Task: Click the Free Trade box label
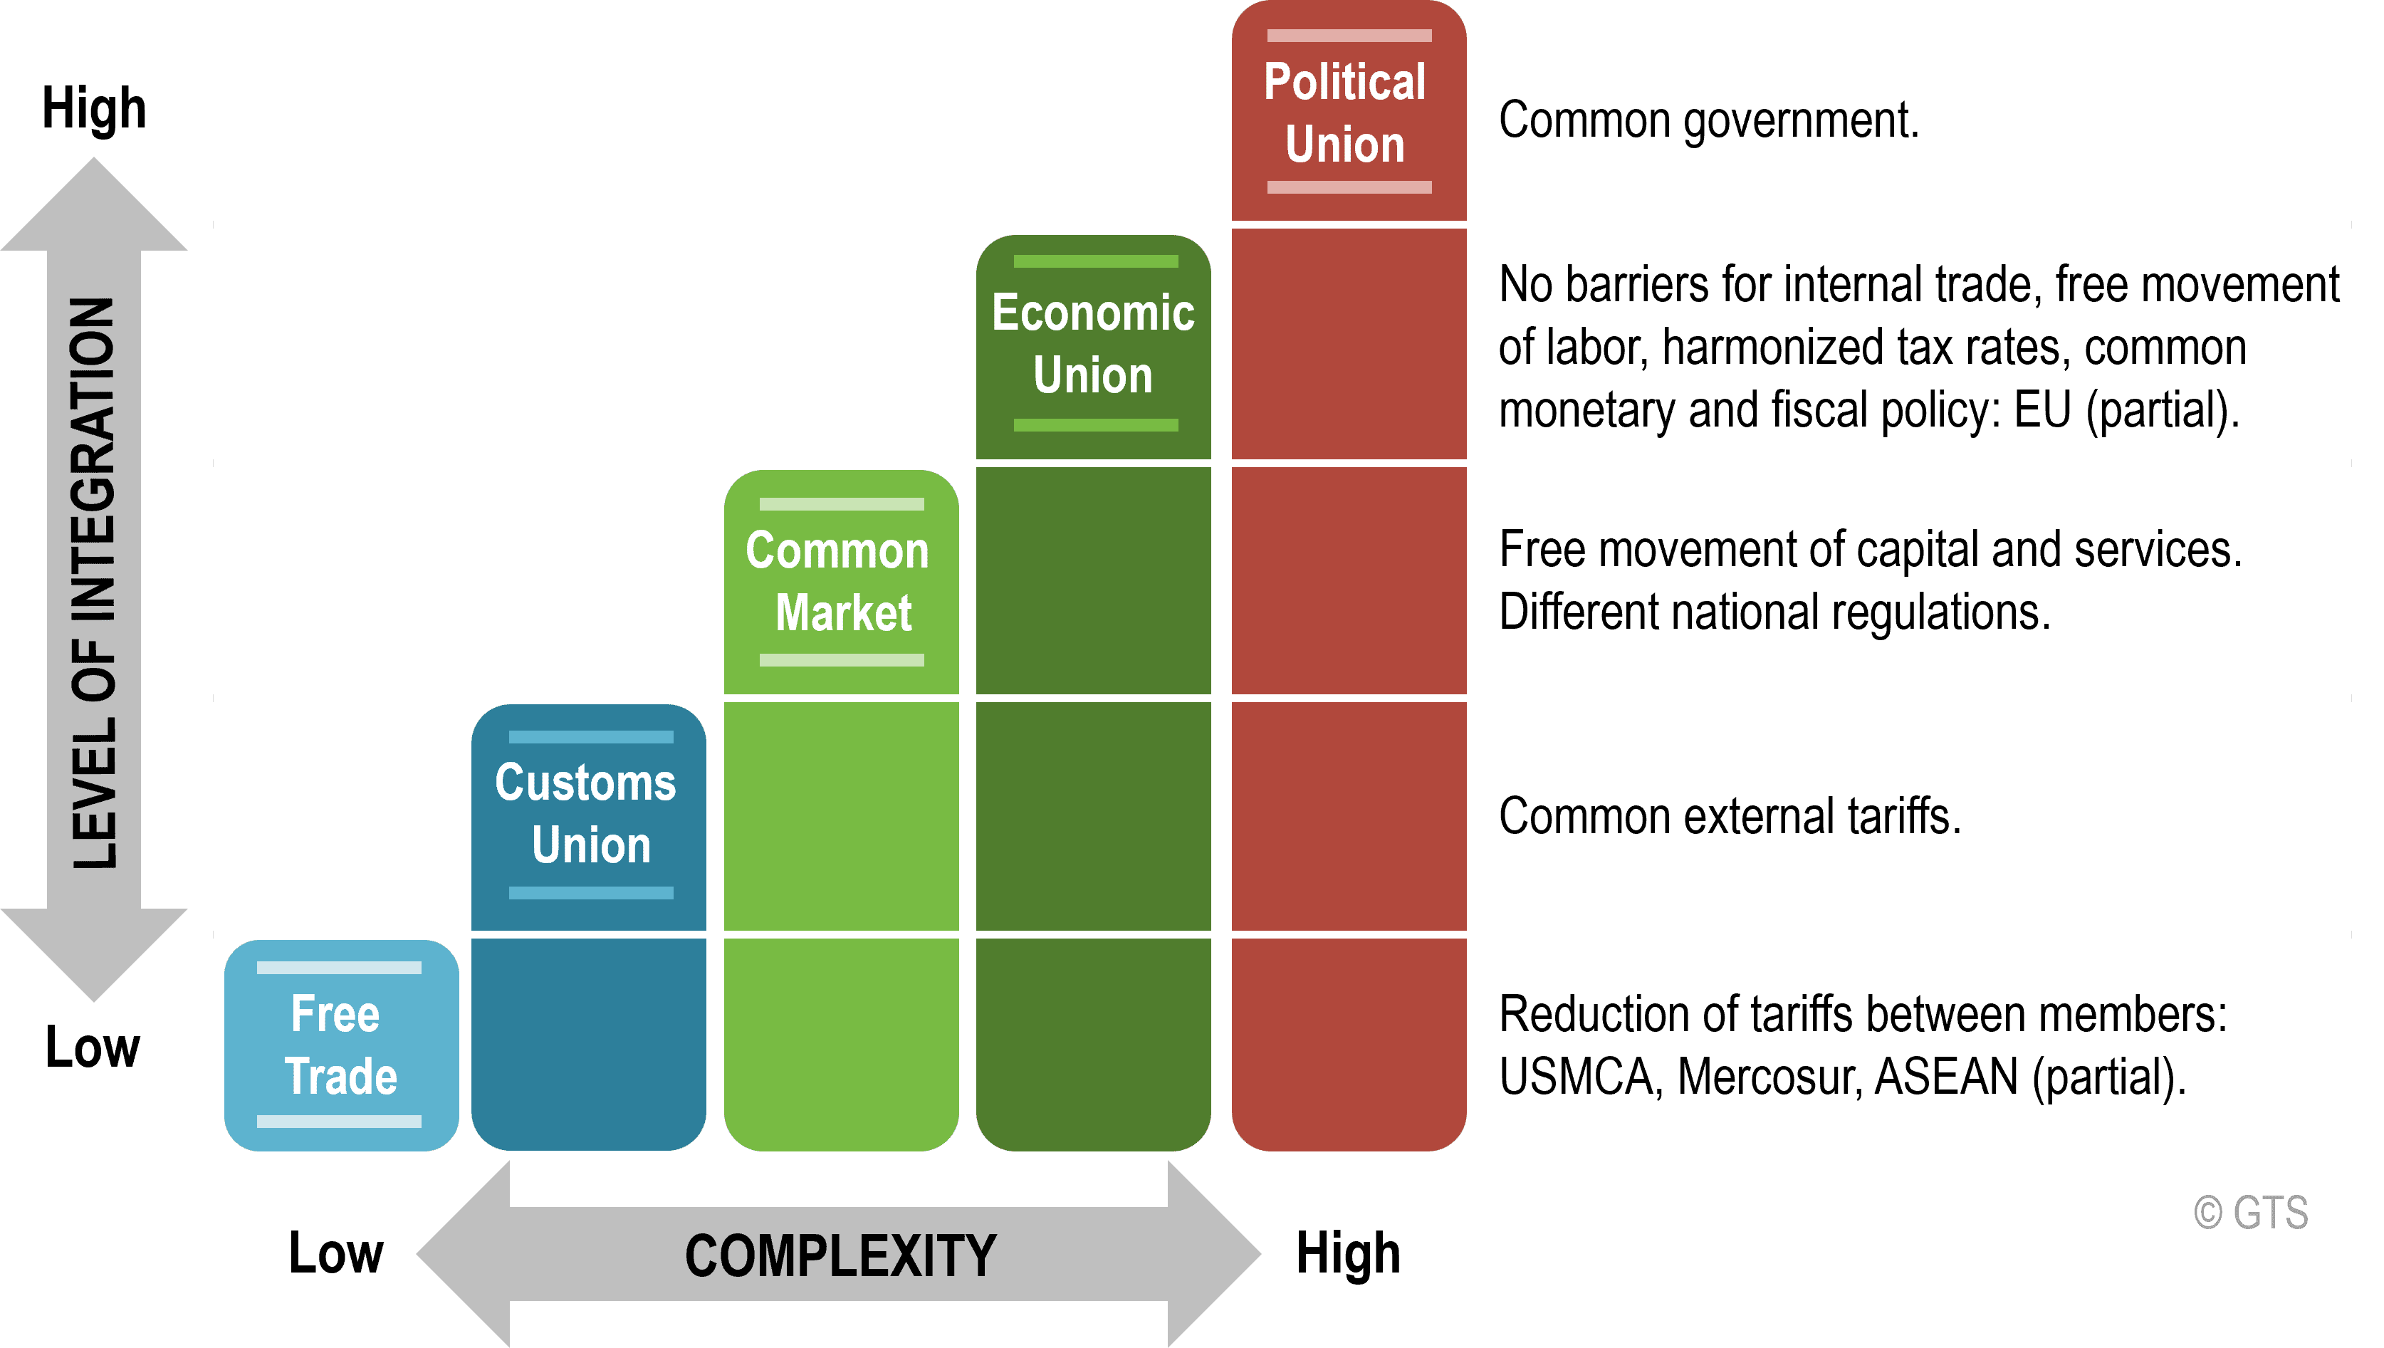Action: tap(340, 1045)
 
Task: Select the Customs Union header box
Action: tap(588, 817)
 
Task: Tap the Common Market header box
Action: tap(841, 581)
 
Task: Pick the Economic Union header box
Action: tap(1094, 346)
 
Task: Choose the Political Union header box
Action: tap(1349, 111)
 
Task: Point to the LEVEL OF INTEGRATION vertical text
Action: tap(95, 583)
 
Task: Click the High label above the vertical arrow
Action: tap(95, 109)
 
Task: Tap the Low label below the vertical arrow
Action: tap(93, 1047)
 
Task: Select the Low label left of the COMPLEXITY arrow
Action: tap(336, 1253)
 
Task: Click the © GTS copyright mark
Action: tap(2251, 1213)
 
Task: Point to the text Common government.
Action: tap(1709, 121)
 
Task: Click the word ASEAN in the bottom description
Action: tap(1946, 1077)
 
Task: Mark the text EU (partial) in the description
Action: tap(2127, 410)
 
